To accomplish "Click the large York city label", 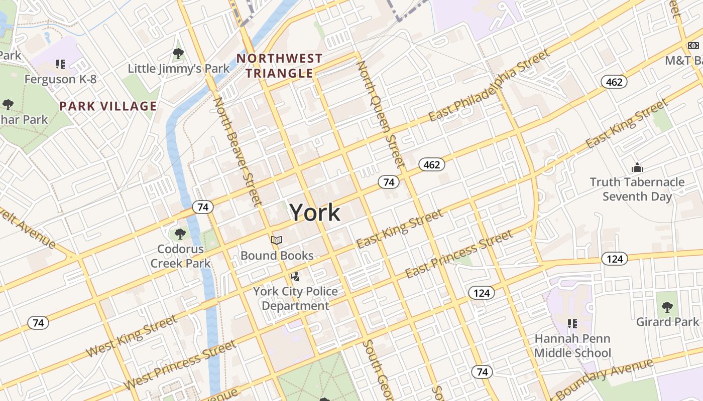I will click(315, 212).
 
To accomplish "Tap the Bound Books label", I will click(277, 256).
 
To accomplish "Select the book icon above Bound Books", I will click(277, 241).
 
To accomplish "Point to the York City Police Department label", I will click(295, 298).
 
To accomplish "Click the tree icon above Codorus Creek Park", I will click(180, 234).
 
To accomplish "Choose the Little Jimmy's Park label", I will click(179, 69).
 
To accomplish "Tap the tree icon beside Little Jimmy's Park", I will click(178, 53).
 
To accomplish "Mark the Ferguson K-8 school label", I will click(60, 79).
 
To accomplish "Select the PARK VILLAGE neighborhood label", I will click(108, 106).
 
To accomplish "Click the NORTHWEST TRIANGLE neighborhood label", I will click(279, 66).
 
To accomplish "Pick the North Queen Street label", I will click(381, 114).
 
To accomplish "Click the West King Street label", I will click(132, 336).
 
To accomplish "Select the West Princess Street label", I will click(180, 365).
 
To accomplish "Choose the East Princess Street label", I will click(459, 254).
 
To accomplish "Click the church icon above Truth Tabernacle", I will click(637, 167).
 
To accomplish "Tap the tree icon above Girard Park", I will click(667, 307).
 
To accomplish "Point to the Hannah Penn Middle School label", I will click(572, 346).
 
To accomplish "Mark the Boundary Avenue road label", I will click(605, 378).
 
